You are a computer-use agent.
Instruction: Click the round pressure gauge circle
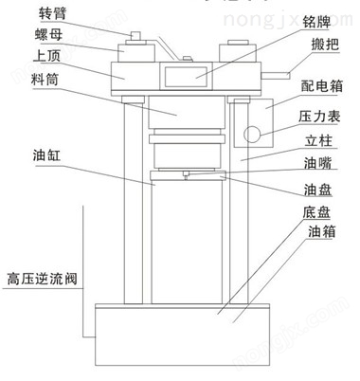coord(251,134)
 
